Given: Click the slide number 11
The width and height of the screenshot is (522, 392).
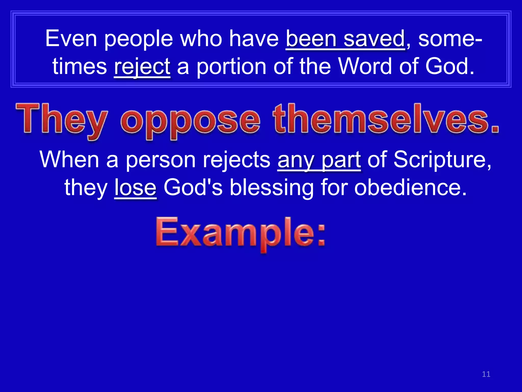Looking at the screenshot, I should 486,374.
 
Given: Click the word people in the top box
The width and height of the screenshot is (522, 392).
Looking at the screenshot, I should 139,39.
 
